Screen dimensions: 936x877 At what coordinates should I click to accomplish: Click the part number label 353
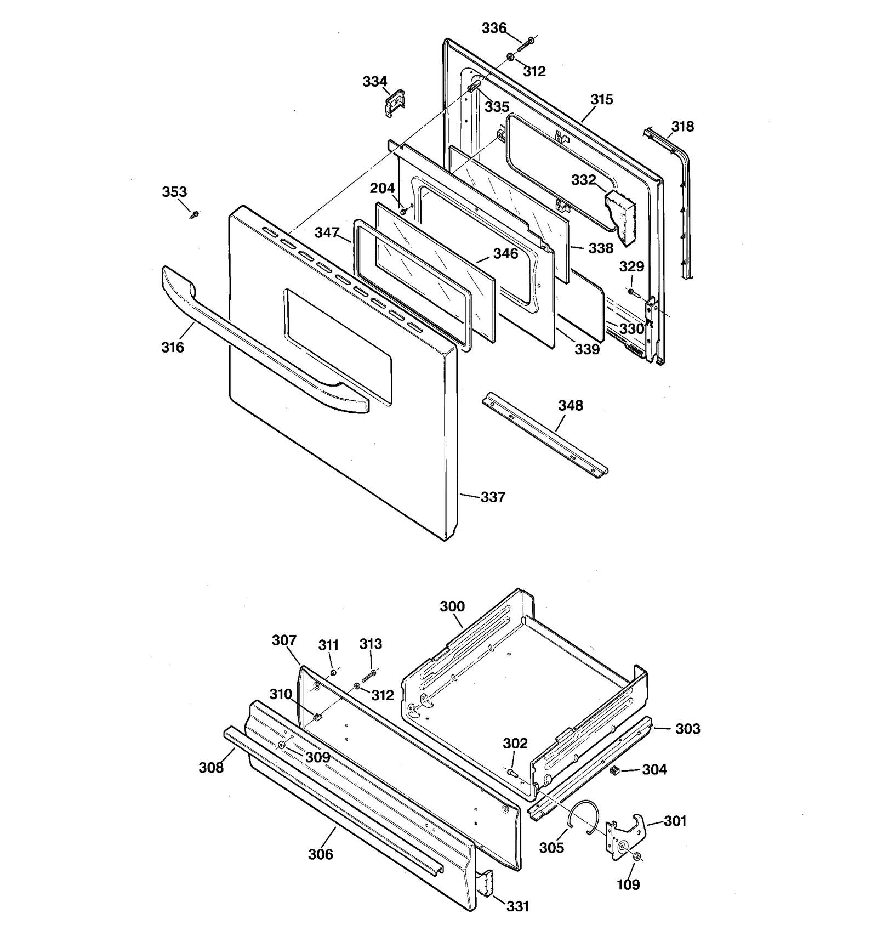click(174, 192)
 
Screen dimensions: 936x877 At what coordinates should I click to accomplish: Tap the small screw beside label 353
click(194, 214)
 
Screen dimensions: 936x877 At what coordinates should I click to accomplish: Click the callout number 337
click(493, 497)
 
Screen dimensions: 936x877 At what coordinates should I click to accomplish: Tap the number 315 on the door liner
click(601, 100)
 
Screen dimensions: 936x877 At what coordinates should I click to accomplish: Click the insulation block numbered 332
click(622, 217)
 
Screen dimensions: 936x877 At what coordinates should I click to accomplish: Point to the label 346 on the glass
click(505, 254)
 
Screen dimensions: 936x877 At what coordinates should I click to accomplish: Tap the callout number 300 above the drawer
click(452, 607)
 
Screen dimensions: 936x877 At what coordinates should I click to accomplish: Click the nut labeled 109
click(637, 856)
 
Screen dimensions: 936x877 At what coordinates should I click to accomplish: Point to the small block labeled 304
click(614, 770)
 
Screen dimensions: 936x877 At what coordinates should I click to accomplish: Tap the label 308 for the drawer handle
click(211, 768)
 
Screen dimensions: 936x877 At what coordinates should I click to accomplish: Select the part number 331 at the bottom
click(517, 906)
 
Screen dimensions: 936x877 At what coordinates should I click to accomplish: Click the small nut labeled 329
click(631, 291)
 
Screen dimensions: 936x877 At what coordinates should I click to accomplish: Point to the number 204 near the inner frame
click(382, 189)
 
